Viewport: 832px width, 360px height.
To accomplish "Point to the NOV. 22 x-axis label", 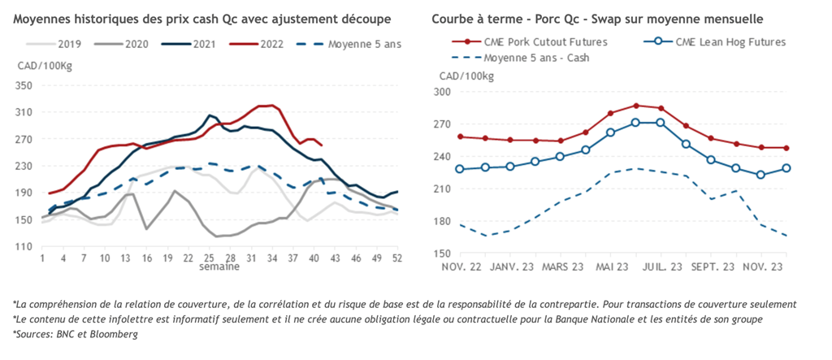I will [x=461, y=266].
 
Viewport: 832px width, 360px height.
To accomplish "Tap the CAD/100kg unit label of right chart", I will [x=466, y=76].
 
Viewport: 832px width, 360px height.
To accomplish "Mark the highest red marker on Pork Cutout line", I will [x=636, y=106].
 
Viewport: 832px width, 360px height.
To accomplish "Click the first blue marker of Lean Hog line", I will [x=460, y=169].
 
